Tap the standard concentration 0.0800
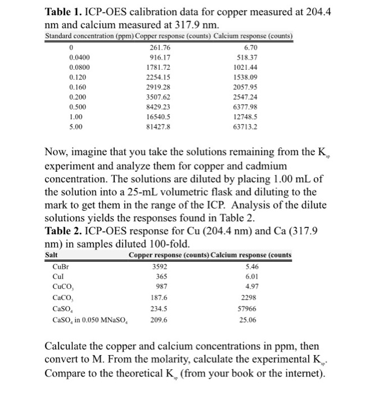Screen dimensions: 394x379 [79, 68]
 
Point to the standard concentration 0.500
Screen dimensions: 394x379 [77, 108]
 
